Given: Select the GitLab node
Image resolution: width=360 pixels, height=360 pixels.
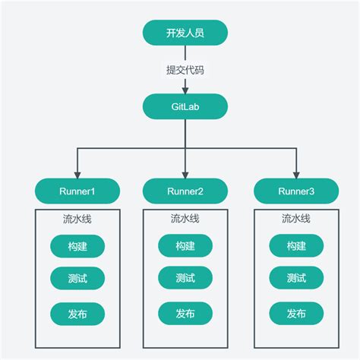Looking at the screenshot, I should click(185, 106).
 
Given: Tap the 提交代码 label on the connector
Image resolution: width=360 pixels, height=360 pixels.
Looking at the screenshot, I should click(185, 70).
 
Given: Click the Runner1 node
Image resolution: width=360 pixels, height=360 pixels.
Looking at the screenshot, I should click(77, 190).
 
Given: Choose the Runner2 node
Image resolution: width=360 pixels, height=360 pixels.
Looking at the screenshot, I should click(185, 190).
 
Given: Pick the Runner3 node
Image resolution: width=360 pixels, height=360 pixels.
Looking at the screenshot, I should click(295, 190).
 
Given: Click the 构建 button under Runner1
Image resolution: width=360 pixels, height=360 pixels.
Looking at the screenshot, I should click(77, 246).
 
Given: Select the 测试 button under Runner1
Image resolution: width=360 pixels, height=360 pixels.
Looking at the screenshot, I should click(77, 278).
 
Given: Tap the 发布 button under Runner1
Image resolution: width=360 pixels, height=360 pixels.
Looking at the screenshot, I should click(77, 313).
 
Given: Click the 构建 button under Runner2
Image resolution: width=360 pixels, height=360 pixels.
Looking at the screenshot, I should click(185, 246).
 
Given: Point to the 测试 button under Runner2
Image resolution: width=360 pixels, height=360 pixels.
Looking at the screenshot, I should click(185, 278).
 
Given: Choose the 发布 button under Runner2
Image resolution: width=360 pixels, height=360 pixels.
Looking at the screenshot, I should click(185, 313).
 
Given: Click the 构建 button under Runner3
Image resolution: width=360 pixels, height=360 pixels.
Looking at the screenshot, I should click(295, 246).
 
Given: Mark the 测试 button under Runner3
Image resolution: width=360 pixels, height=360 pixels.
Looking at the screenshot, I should click(295, 278).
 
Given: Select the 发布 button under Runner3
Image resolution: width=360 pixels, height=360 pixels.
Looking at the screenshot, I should click(295, 313).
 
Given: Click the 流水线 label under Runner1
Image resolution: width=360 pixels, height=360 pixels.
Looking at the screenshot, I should click(77, 219).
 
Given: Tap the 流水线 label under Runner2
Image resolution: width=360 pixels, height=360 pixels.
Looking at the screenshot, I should click(185, 219).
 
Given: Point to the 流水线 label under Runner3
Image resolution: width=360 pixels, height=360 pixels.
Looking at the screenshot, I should click(295, 219).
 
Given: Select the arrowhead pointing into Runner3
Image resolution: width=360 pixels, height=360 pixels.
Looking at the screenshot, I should click(295, 174).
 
